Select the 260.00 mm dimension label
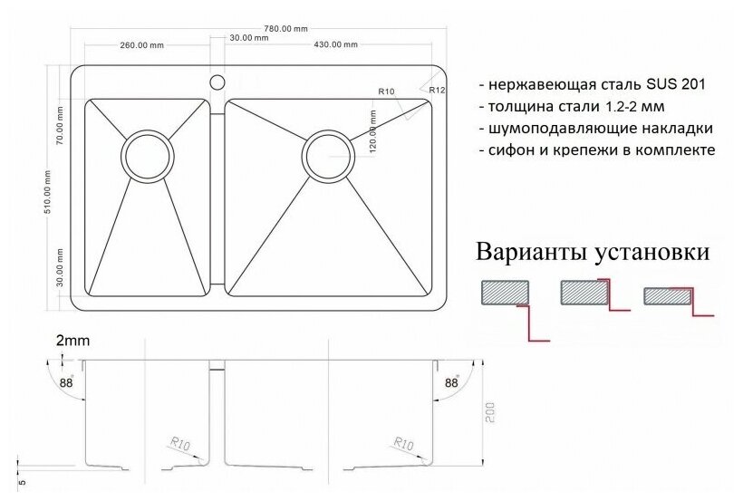(x=140, y=44)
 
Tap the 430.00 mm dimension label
(x=335, y=44)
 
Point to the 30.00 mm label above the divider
(x=241, y=37)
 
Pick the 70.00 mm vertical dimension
(x=59, y=126)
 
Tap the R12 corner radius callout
(x=436, y=91)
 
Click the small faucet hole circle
(x=217, y=82)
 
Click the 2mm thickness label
(x=72, y=341)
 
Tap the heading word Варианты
(x=534, y=252)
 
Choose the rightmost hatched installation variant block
(x=667, y=296)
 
